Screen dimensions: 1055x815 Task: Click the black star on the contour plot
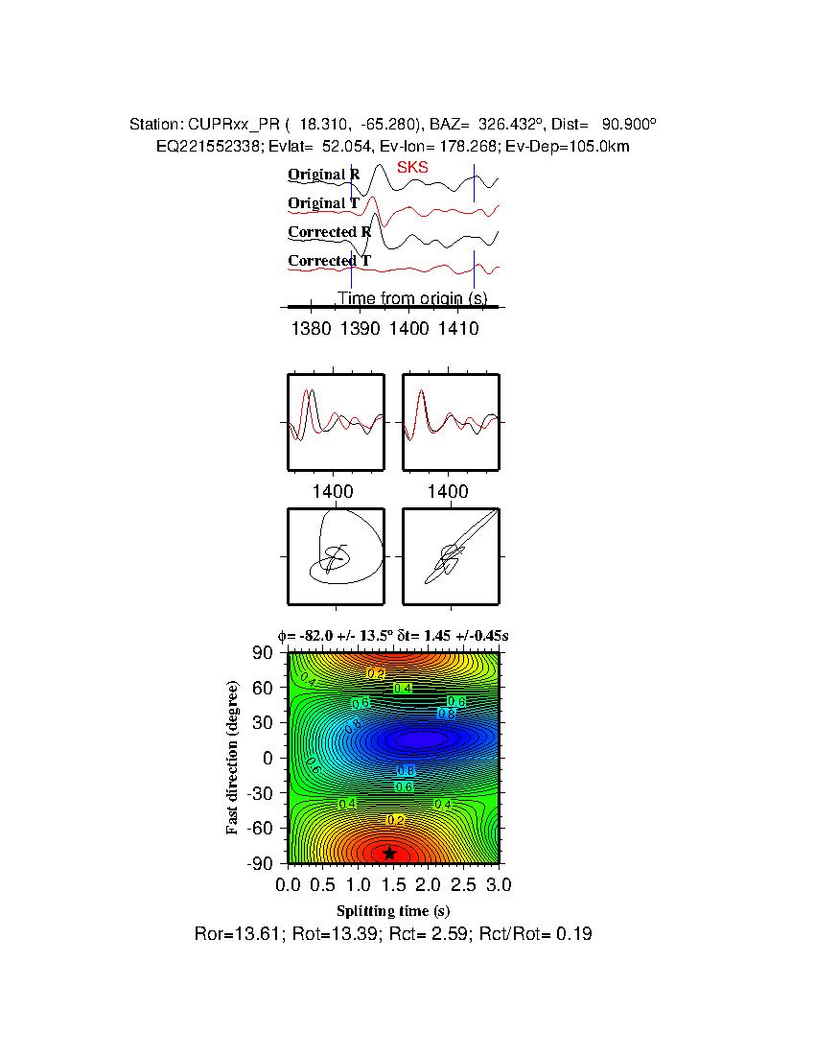pos(389,853)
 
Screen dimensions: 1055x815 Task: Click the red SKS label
pos(412,168)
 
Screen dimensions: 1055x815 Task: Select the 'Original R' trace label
pos(323,175)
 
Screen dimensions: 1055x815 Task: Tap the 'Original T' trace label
pos(323,203)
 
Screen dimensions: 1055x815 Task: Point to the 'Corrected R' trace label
pos(329,232)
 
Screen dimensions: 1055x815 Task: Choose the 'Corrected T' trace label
pos(329,261)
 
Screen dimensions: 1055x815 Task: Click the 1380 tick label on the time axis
pos(310,329)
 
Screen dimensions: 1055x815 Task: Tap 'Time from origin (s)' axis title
pos(412,298)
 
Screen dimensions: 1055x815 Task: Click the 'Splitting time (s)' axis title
pos(393,910)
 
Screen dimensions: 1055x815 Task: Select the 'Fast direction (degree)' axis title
pos(232,758)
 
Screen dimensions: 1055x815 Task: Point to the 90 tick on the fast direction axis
pos(265,653)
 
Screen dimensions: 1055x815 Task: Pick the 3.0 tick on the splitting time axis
pos(499,882)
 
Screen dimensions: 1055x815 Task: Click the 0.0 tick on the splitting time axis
pos(289,882)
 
